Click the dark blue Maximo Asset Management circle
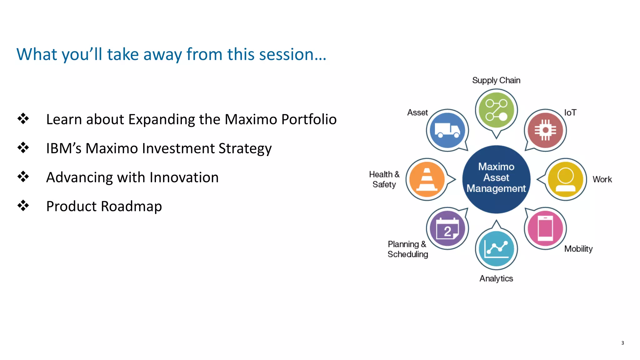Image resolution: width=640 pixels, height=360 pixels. (x=496, y=179)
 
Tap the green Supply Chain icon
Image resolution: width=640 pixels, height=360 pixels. (x=496, y=110)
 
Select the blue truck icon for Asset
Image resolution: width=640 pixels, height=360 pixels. (x=447, y=130)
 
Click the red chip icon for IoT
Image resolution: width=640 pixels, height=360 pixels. (x=545, y=130)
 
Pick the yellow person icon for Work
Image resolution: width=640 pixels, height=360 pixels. (x=565, y=179)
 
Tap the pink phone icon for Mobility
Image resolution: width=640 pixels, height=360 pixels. (x=545, y=228)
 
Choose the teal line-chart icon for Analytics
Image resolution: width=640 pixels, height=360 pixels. (x=496, y=248)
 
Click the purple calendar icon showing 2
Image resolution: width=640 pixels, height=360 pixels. (x=447, y=228)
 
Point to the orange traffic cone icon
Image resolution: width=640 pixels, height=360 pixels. (x=427, y=179)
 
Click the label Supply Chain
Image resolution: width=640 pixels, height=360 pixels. (x=496, y=80)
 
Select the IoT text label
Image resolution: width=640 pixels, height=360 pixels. (x=570, y=112)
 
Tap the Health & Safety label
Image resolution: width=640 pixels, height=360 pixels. (x=384, y=179)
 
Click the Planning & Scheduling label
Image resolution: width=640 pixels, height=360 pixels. (x=407, y=249)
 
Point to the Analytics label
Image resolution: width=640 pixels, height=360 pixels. (x=496, y=278)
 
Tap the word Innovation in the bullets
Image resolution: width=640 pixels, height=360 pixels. (x=184, y=177)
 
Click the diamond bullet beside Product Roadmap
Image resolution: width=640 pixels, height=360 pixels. (x=23, y=206)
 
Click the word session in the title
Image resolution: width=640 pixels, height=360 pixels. (x=291, y=54)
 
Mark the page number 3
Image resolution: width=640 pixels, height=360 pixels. (x=622, y=343)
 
